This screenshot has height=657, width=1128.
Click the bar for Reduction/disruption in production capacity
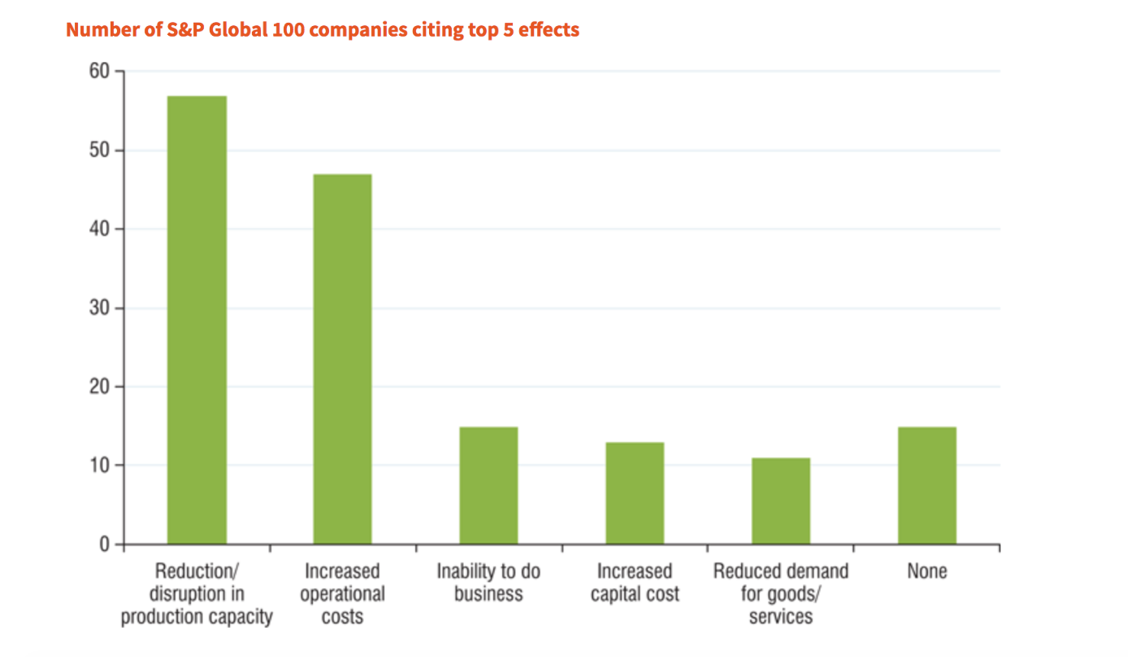coord(197,320)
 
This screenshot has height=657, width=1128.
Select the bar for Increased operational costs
coord(342,359)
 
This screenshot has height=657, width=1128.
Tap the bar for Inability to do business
coord(488,485)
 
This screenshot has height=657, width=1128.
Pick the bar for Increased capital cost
coord(635,493)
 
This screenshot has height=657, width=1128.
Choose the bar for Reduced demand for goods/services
coord(780,501)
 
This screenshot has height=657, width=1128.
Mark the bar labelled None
coord(926,485)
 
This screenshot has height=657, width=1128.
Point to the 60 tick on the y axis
coord(99,72)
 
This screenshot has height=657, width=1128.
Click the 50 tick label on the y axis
coord(99,150)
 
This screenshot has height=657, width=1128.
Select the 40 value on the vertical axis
coord(99,229)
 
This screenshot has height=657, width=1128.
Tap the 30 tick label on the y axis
coord(99,308)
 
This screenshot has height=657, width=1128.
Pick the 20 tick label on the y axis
coord(99,387)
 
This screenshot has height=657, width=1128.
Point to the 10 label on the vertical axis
coord(99,465)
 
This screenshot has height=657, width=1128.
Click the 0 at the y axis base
coord(105,544)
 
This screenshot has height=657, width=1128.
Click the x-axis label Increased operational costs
coord(342,594)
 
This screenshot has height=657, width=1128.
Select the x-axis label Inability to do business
coord(488,582)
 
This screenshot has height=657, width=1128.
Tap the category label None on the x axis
coord(926,572)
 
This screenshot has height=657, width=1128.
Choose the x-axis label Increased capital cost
coord(635,582)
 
